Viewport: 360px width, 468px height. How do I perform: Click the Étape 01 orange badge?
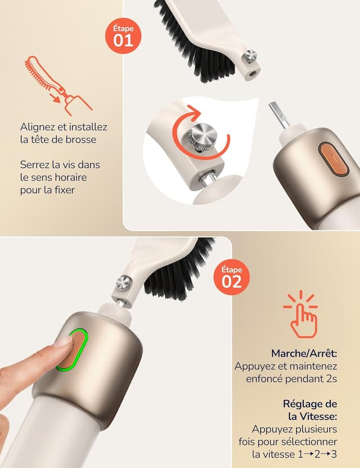pos(123,36)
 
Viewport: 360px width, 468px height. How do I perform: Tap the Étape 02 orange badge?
pos(232,277)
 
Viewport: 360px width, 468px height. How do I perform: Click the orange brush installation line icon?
pos(58,85)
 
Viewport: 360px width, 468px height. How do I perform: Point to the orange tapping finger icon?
pos(301,314)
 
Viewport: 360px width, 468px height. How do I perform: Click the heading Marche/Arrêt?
pos(304,354)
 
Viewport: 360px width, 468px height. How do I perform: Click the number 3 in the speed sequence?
pos(334,454)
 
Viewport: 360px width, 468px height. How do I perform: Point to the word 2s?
pos(332,379)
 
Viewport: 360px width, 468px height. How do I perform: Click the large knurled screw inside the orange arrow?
pos(202,136)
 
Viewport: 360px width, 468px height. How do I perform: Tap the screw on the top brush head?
pos(250,56)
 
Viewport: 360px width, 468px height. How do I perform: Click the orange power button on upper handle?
pos(333,159)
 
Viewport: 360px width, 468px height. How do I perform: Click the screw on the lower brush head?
pos(124,282)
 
